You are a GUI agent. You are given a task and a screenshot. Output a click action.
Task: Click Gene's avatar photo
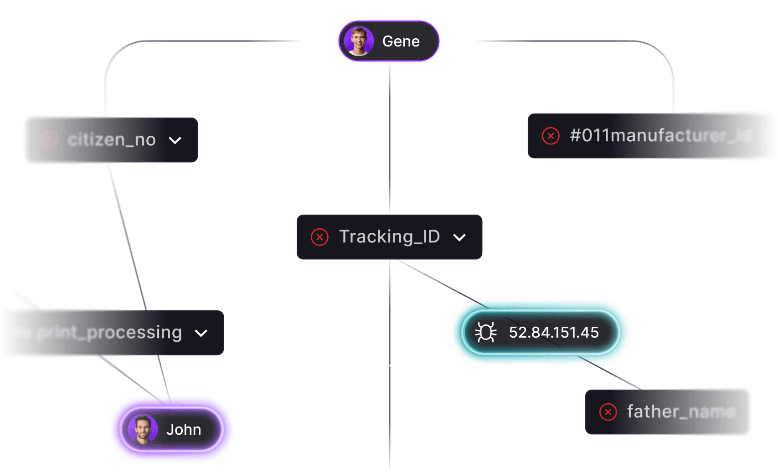point(359,41)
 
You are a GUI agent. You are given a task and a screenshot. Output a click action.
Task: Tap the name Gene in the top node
point(401,41)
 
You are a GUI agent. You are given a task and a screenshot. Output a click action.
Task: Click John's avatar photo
point(143,429)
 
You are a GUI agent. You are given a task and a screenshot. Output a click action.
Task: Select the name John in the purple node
point(184,430)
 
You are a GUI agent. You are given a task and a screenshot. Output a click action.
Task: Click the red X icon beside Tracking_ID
point(319,237)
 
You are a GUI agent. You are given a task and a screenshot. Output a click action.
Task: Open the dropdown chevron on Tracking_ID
point(459,237)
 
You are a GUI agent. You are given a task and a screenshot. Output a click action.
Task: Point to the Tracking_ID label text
point(389,236)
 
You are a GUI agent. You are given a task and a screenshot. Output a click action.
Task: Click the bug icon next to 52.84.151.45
point(486,332)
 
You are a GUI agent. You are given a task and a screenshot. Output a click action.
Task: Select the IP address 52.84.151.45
point(554,333)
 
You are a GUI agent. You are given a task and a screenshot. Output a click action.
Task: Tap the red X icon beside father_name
point(608,412)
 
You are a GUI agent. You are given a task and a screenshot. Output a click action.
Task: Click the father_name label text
point(681,411)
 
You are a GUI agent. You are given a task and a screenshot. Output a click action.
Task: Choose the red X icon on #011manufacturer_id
point(551,136)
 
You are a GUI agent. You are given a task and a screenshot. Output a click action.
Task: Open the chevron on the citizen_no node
point(175,140)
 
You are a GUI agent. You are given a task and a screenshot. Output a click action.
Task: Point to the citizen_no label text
point(112,140)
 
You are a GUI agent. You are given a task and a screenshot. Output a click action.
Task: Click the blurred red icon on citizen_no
point(48,140)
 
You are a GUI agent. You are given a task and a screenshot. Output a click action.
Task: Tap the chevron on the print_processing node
point(201,333)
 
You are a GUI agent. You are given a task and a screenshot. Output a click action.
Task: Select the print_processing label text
point(109,333)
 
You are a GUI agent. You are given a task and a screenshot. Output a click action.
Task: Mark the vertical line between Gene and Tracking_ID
point(390,137)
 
